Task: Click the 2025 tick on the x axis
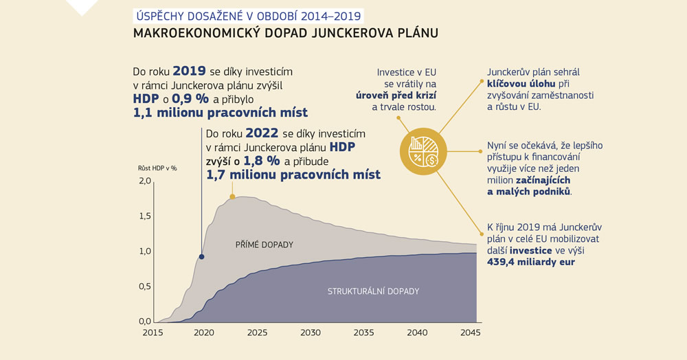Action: (x=257, y=333)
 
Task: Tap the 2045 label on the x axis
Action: (x=471, y=333)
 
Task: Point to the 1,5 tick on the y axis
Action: (x=144, y=216)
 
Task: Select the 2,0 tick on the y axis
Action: (x=144, y=181)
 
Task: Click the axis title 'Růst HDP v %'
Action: (x=158, y=168)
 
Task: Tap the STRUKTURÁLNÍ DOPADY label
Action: (x=373, y=291)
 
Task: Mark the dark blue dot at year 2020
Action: (x=201, y=257)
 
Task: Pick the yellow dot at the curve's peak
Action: (x=232, y=197)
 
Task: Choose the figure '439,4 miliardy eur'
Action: (x=531, y=262)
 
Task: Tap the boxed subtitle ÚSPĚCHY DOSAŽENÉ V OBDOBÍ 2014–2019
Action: (x=247, y=15)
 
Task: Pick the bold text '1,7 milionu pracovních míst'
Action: (x=293, y=175)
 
